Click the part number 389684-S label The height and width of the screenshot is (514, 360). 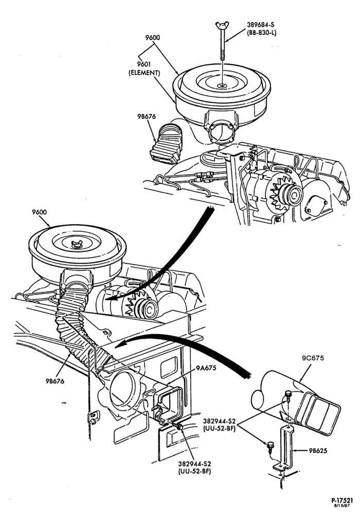coord(261,25)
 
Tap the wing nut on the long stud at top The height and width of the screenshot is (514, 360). coord(222,25)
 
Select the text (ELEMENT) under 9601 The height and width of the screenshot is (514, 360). coord(144,73)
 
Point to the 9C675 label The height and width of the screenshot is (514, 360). coord(313,358)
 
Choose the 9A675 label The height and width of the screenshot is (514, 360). coord(206,368)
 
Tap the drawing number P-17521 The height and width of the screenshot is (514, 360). coord(341,501)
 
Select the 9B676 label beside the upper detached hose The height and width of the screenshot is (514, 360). coord(147,116)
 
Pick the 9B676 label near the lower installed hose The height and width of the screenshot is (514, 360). coord(55,381)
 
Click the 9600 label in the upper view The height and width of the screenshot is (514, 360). coord(153,38)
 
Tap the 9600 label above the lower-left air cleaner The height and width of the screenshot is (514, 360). coord(40,212)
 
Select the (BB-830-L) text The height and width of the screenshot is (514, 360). coord(261,33)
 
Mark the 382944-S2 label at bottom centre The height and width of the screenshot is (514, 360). coord(194,464)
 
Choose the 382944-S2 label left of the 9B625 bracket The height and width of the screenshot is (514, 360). coord(219,420)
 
